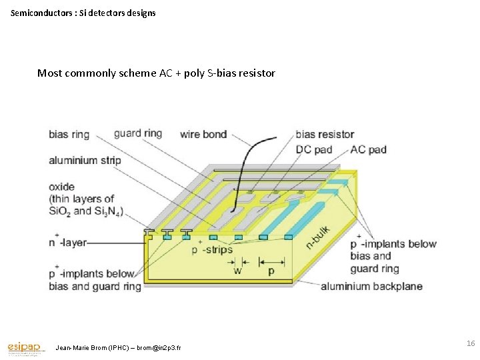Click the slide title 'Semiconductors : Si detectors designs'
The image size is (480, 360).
[83, 13]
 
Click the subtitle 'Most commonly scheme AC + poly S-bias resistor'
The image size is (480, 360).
[156, 73]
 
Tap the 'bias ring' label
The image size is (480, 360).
[69, 135]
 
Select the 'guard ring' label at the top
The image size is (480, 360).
[138, 133]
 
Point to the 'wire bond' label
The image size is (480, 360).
[203, 134]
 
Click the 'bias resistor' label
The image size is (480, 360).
[325, 135]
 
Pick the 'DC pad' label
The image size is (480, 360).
[314, 149]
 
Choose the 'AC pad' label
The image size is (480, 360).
[368, 149]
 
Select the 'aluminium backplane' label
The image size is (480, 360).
[371, 287]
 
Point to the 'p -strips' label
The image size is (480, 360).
[213, 250]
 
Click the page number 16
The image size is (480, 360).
[471, 343]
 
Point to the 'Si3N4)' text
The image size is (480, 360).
[109, 211]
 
